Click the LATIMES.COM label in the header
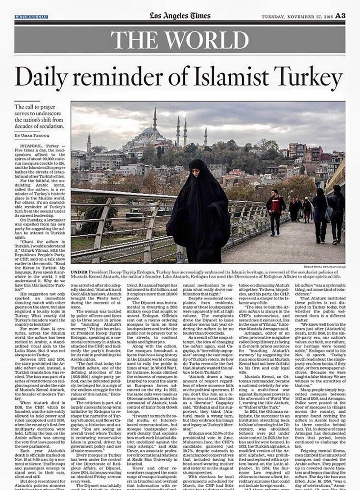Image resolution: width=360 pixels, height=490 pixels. tap(31, 17)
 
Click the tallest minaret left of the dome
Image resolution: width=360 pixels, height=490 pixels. tap(155, 119)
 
